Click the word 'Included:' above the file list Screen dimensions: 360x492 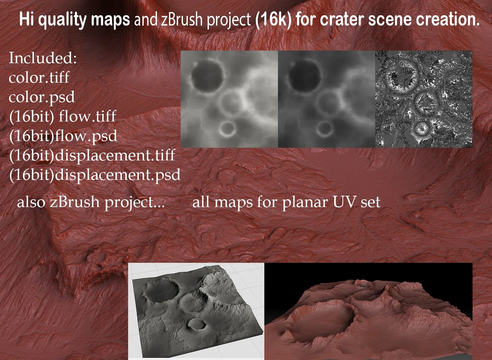pyautogui.click(x=42, y=58)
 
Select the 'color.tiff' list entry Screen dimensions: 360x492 pyautogui.click(x=39, y=78)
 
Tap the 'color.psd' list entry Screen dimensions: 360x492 pyautogui.click(x=42, y=97)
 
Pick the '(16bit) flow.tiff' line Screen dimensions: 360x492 pyautogui.click(x=62, y=117)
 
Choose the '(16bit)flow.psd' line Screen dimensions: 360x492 pyautogui.click(x=63, y=136)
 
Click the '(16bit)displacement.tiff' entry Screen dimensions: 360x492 pyautogui.click(x=92, y=156)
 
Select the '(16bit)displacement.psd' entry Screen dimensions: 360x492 pyautogui.click(x=95, y=175)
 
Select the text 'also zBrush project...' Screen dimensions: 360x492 pyautogui.click(x=91, y=202)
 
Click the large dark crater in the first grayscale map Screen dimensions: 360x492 pyautogui.click(x=207, y=75)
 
